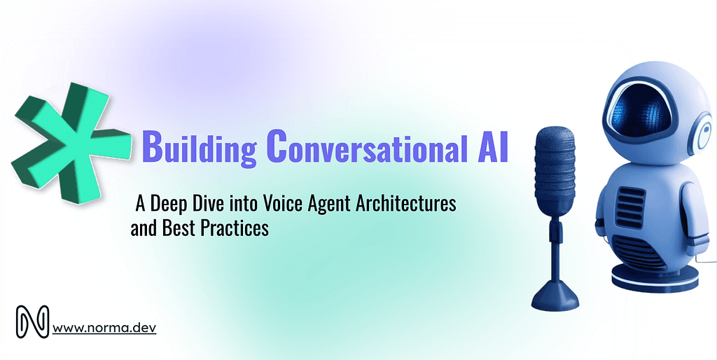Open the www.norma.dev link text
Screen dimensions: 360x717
pyautogui.click(x=104, y=326)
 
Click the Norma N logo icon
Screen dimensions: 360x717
pyautogui.click(x=32, y=321)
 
